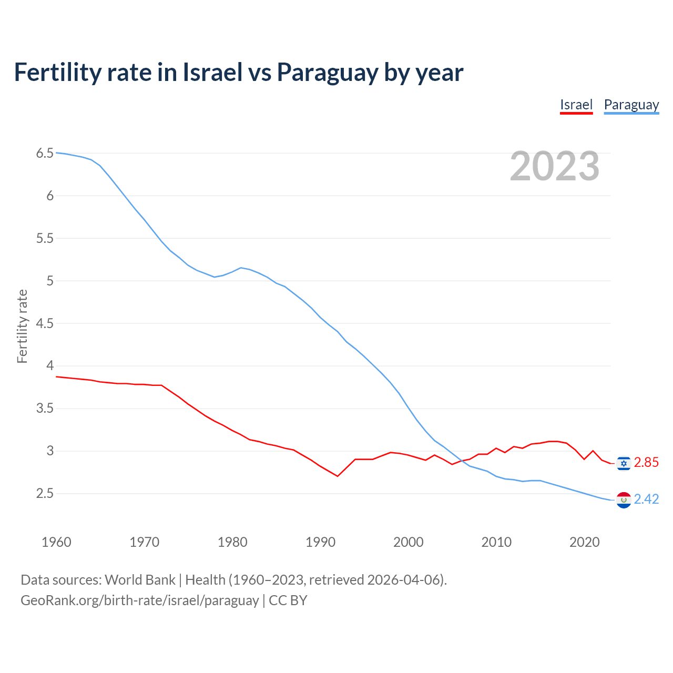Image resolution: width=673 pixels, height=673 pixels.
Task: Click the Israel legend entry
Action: pos(576,105)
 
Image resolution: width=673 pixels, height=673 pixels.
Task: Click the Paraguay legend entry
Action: pos(631,105)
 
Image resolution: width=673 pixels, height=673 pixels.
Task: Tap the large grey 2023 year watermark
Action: pos(554,166)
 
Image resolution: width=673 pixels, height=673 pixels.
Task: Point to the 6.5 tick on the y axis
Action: pos(45,154)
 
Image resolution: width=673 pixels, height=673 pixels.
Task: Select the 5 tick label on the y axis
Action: pos(50,281)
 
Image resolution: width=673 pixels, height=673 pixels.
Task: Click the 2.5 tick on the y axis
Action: pos(45,493)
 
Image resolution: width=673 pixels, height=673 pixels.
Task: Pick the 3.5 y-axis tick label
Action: pos(45,409)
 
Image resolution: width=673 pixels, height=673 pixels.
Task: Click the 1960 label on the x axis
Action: pos(56,542)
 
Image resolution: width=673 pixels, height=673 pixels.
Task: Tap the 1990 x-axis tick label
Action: pos(320,542)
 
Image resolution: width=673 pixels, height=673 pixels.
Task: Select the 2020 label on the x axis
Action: pos(584,542)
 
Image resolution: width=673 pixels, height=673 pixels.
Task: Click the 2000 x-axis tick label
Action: pos(408,542)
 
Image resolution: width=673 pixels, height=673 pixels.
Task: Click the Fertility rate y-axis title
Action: pos(22,326)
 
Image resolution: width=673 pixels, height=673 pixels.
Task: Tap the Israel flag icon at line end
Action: pos(624,463)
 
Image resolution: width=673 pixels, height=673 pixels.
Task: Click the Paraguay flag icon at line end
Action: pos(624,499)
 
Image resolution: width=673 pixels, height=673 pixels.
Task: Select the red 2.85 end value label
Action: pos(646,463)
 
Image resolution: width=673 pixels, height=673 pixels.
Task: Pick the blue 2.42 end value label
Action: pos(646,499)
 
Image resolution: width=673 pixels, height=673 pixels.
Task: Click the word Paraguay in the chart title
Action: pos(327,73)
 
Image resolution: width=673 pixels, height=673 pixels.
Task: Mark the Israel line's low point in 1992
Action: pos(338,476)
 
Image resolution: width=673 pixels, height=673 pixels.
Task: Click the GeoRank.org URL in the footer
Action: pos(139,600)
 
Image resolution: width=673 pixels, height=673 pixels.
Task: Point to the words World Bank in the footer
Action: pos(140,580)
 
